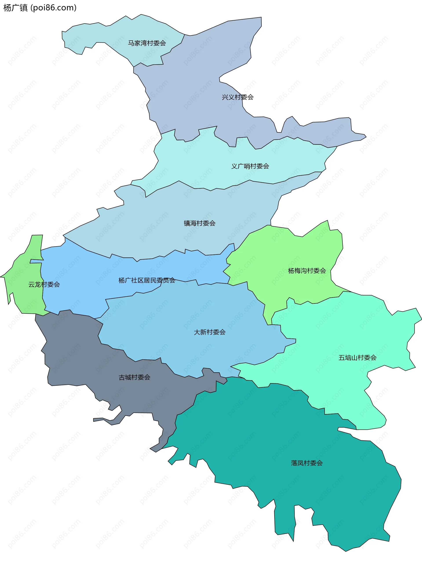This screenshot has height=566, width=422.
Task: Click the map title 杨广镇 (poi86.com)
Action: tap(40, 8)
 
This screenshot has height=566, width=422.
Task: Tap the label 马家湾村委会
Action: tap(147, 43)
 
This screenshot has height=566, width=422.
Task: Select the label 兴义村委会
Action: tap(238, 97)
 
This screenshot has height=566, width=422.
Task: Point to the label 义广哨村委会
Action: tap(250, 166)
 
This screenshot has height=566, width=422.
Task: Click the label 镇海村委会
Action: tap(200, 223)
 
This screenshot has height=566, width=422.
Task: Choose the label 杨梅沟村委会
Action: tap(307, 271)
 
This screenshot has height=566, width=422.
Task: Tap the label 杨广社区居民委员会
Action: tap(147, 280)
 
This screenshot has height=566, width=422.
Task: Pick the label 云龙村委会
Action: tap(44, 284)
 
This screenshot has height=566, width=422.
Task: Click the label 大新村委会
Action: tap(209, 332)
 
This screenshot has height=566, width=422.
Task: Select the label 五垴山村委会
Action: tap(357, 358)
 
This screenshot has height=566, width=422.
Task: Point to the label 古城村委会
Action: tap(134, 377)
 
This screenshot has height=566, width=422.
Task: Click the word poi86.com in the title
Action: tap(54, 8)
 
